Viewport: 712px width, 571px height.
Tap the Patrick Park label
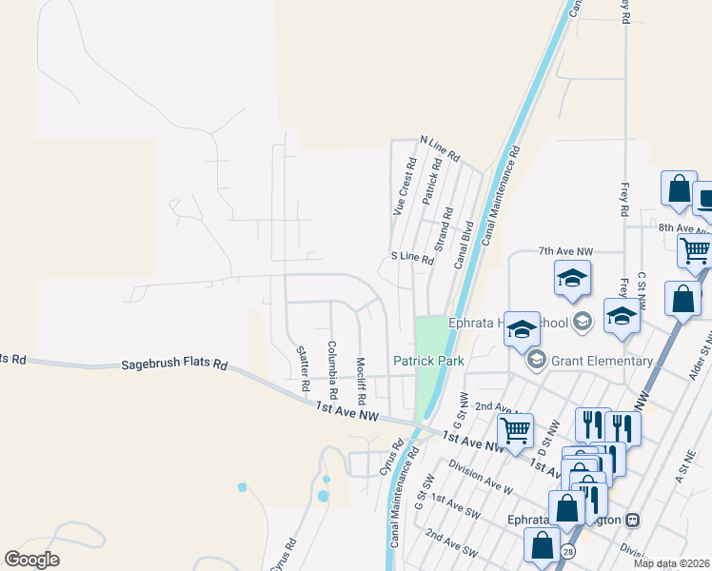pyautogui.click(x=428, y=361)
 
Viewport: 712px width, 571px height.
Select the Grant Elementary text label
pyautogui.click(x=603, y=361)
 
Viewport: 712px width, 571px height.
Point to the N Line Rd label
pyautogui.click(x=440, y=148)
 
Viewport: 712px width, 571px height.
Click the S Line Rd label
pyautogui.click(x=412, y=258)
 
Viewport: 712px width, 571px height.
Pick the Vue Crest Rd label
pyautogui.click(x=404, y=188)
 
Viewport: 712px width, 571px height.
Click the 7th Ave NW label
pyautogui.click(x=565, y=251)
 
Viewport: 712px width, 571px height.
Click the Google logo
pyautogui.click(x=32, y=559)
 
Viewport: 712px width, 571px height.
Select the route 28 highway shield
pyautogui.click(x=568, y=551)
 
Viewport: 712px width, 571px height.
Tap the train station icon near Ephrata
pyautogui.click(x=631, y=521)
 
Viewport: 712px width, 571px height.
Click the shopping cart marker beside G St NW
pyautogui.click(x=515, y=429)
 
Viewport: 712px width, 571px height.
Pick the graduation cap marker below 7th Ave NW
pyautogui.click(x=572, y=278)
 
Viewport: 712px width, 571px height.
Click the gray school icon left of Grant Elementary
pyautogui.click(x=536, y=361)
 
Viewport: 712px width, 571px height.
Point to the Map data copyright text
pyautogui.click(x=671, y=563)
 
